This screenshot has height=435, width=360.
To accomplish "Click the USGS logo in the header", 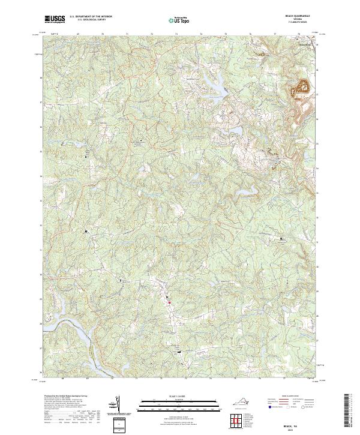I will [55, 19].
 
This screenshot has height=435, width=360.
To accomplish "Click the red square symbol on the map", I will [169, 302].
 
